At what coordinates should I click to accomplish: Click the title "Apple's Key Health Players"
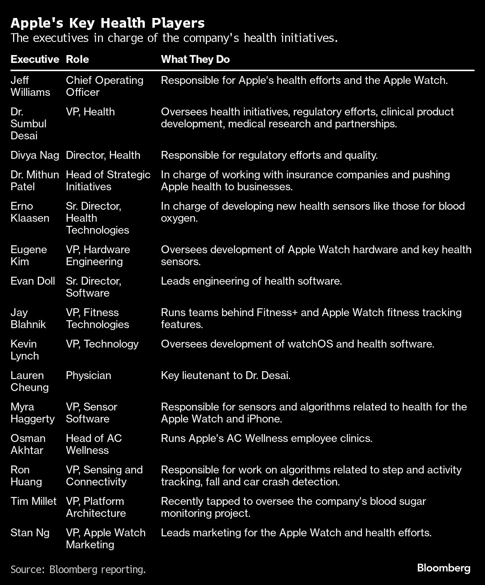pyautogui.click(x=107, y=23)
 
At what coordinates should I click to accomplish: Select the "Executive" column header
pyautogui.click(x=35, y=60)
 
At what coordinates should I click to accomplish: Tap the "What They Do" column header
pyautogui.click(x=195, y=60)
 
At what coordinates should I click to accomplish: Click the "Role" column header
pyautogui.click(x=77, y=60)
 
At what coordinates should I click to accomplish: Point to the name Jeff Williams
pyautogui.click(x=30, y=86)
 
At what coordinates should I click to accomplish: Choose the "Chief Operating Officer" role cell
pyautogui.click(x=104, y=86)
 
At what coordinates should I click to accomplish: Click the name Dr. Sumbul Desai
pyautogui.click(x=28, y=124)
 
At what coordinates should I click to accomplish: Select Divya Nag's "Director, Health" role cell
pyautogui.click(x=103, y=155)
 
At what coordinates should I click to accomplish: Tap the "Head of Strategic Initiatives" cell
pyautogui.click(x=108, y=181)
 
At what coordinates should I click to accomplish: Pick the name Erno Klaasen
pyautogui.click(x=30, y=212)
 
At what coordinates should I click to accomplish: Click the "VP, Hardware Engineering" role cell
pyautogui.click(x=98, y=255)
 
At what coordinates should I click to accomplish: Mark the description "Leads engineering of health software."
pyautogui.click(x=251, y=281)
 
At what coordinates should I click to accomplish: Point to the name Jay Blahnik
pyautogui.click(x=28, y=318)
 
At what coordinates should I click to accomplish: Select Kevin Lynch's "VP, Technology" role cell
pyautogui.click(x=102, y=344)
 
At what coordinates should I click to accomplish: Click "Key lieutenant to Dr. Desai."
pyautogui.click(x=226, y=375)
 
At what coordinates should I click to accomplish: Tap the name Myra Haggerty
pyautogui.click(x=33, y=413)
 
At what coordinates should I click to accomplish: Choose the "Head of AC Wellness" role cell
pyautogui.click(x=94, y=444)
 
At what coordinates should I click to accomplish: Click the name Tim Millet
pyautogui.click(x=33, y=501)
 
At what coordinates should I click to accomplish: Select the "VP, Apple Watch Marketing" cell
pyautogui.click(x=106, y=539)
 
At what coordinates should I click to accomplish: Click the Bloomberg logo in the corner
pyautogui.click(x=443, y=568)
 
